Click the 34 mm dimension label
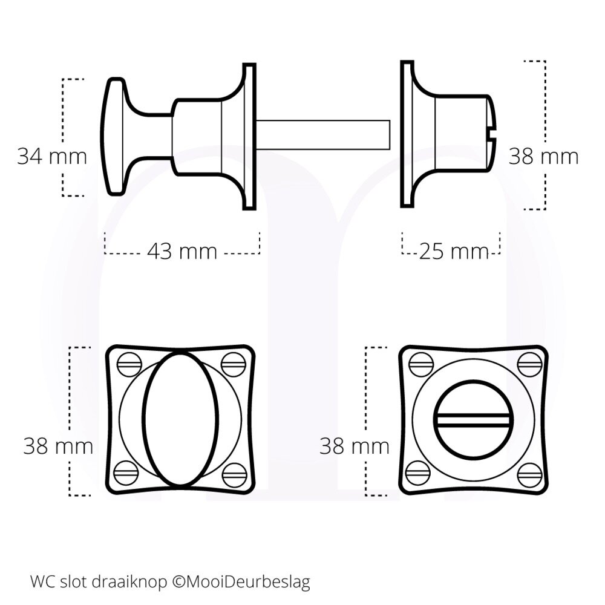pyautogui.click(x=51, y=157)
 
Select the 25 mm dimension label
pyautogui.click(x=453, y=250)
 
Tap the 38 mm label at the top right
pyautogui.click(x=543, y=157)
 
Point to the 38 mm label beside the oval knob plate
pyautogui.click(x=58, y=447)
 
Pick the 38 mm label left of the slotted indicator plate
pyautogui.click(x=355, y=447)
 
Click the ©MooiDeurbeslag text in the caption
pyautogui.click(x=241, y=583)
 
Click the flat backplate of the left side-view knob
pyautogui.click(x=249, y=136)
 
